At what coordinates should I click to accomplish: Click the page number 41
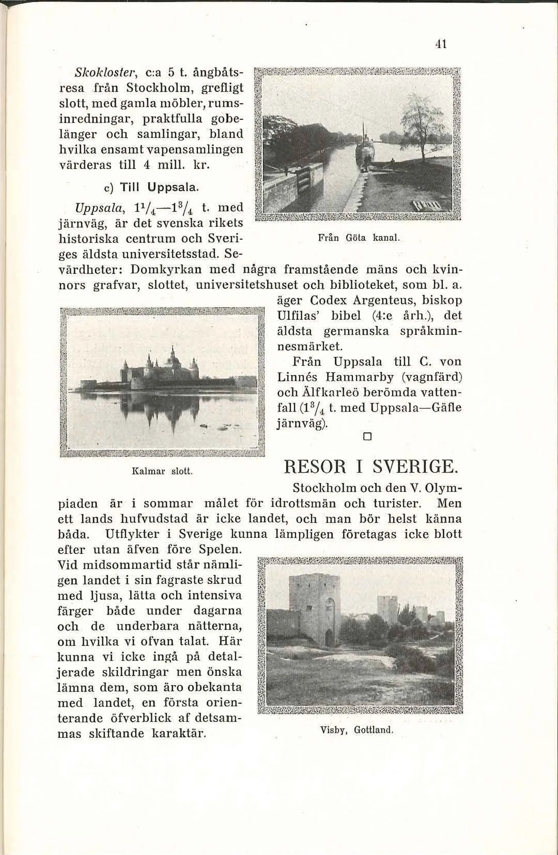coord(441,44)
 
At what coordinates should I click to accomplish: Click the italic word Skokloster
coord(94,72)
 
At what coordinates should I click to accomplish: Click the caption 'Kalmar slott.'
coord(163,471)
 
